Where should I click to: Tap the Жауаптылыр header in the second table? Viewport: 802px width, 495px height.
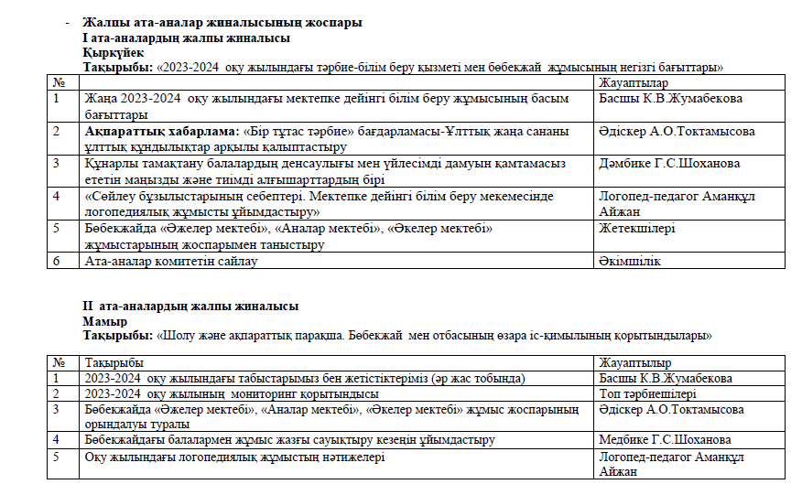point(634,363)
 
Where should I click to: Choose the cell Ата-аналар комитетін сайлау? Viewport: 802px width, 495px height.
point(171,262)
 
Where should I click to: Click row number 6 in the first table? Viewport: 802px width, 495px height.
point(57,262)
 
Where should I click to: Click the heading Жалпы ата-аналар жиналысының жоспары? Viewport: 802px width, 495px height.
point(221,22)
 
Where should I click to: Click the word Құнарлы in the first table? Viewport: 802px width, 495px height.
point(110,163)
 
